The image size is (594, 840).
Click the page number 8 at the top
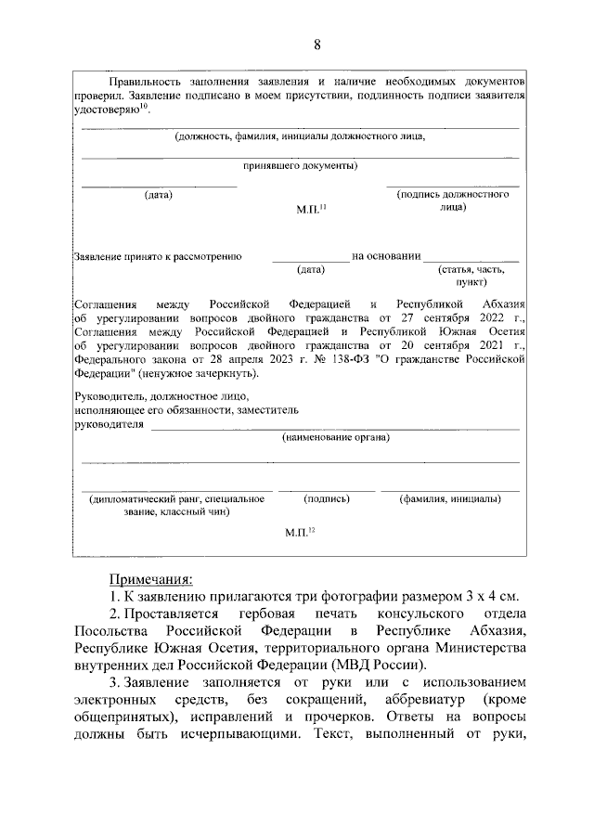[317, 45]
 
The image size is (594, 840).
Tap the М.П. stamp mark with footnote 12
[306, 532]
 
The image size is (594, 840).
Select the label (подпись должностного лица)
[453, 201]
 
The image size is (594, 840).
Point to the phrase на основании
[386, 255]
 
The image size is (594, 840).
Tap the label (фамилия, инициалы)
[451, 498]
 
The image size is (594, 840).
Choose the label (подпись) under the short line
[326, 498]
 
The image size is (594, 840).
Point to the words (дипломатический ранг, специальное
[177, 498]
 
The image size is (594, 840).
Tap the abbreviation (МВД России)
[380, 666]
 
